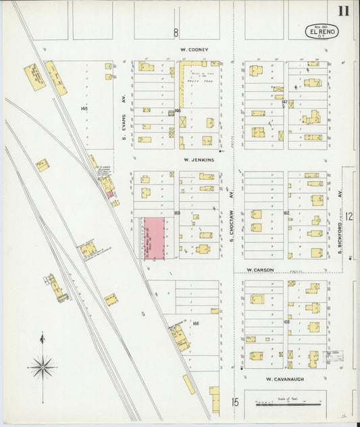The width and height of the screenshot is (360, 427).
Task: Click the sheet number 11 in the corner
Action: pyautogui.click(x=344, y=11)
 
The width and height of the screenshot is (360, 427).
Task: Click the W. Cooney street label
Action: pyautogui.click(x=194, y=49)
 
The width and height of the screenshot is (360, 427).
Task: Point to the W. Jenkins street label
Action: pyautogui.click(x=198, y=160)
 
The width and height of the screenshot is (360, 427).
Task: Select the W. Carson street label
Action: pyautogui.click(x=260, y=270)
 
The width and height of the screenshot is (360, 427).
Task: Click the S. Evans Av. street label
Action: pyautogui.click(x=125, y=126)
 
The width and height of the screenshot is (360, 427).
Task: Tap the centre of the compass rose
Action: pyautogui.click(x=43, y=368)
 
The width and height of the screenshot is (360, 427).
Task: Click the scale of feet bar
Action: pyautogui.click(x=288, y=404)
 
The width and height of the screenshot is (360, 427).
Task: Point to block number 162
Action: pyautogui.click(x=286, y=213)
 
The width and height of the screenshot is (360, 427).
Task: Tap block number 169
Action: pyautogui.click(x=286, y=322)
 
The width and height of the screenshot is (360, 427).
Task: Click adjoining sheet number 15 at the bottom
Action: pyautogui.click(x=234, y=403)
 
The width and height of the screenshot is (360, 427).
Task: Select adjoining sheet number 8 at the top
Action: pyautogui.click(x=176, y=32)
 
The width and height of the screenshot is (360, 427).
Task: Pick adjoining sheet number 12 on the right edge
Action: pyautogui.click(x=350, y=217)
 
